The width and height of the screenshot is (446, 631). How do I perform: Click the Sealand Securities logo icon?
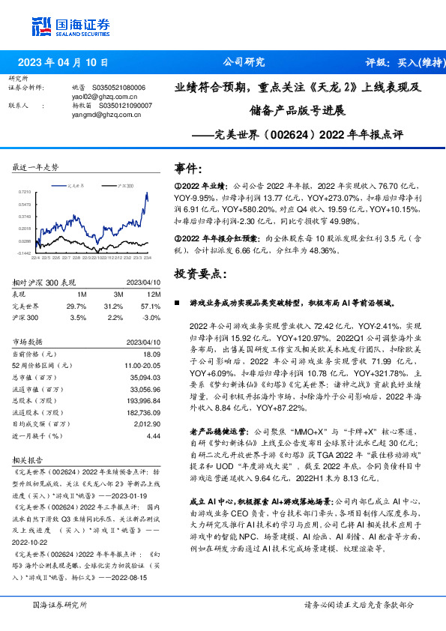tap(39, 25)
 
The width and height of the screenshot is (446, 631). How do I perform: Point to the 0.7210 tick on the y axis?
tap(25, 193)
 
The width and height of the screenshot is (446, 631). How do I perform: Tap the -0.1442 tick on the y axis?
tap(23, 253)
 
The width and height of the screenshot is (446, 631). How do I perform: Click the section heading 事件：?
tap(188, 168)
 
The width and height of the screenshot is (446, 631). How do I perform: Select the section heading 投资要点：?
tap(199, 274)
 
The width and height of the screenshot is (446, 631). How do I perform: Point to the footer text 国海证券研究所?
tap(54, 605)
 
